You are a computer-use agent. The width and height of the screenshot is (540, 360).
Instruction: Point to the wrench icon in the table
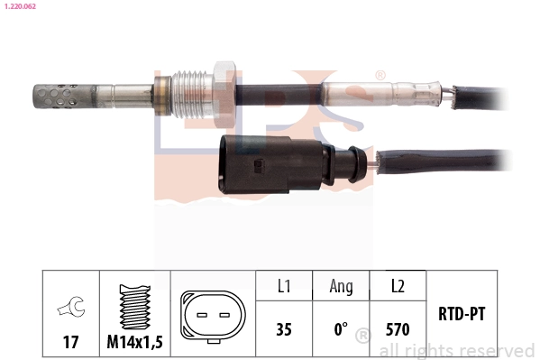point(69,309)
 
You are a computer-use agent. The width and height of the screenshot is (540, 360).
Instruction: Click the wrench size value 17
point(69,343)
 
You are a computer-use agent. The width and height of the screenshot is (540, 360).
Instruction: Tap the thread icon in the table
point(133,308)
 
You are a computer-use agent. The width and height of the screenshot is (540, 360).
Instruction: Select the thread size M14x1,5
point(133,343)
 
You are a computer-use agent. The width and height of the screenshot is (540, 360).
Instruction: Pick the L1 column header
point(283,287)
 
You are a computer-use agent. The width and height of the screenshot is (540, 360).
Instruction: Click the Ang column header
point(340,287)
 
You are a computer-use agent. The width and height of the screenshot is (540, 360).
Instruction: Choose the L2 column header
point(397,287)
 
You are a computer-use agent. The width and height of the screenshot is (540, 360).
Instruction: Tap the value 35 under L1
point(283,330)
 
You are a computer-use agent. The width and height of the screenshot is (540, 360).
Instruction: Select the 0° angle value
point(340,330)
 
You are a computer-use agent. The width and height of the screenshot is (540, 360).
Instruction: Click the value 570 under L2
point(397,330)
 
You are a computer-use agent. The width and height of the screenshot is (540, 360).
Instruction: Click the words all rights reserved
point(456,349)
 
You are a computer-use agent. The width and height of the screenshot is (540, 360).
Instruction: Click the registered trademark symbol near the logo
point(380,76)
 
